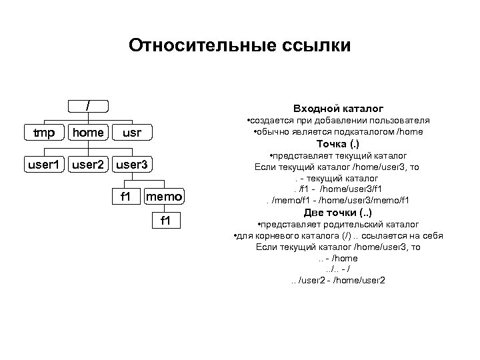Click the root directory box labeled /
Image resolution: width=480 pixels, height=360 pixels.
[88, 106]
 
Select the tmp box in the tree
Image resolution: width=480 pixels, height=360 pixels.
[44, 133]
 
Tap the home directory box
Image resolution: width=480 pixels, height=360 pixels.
[88, 133]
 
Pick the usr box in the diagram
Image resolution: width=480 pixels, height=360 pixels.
[133, 133]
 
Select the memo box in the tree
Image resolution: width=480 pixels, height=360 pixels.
[164, 197]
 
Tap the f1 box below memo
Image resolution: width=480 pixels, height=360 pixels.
[164, 221]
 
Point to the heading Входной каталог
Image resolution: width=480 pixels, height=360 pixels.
[338, 108]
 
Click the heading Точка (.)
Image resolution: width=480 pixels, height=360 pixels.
[337, 144]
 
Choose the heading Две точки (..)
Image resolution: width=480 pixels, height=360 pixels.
[337, 213]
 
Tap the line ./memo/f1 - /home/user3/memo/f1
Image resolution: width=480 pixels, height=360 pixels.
[337, 200]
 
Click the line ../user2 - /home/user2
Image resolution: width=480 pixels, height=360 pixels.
[337, 280]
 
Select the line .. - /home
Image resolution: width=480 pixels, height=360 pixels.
[337, 258]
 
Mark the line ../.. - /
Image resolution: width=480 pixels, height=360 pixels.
[337, 269]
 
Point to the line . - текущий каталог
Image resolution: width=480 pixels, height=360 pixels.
[337, 178]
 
